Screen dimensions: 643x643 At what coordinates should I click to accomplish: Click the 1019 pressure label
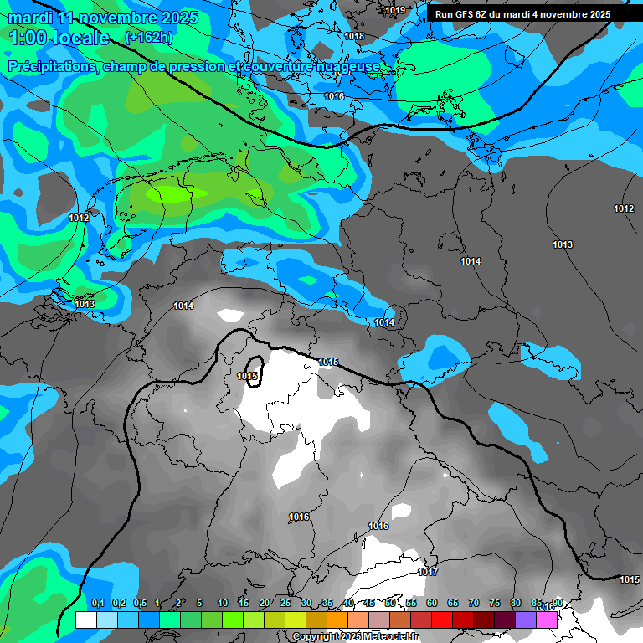(396, 11)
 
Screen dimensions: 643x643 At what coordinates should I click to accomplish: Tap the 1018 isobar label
(354, 37)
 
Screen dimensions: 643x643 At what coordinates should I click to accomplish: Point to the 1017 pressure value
(428, 572)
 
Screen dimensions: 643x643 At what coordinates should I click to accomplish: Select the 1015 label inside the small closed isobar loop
(247, 377)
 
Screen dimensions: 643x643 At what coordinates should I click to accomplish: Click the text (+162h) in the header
(148, 37)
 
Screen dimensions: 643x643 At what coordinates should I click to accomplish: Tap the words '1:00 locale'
(60, 38)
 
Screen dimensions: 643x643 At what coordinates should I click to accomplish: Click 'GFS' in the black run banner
(466, 14)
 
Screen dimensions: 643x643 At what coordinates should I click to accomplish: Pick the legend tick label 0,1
(98, 604)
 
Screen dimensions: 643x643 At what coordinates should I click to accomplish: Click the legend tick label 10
(223, 604)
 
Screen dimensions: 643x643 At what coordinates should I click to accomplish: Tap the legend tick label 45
(369, 604)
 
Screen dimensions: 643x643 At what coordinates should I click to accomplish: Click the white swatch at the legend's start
(86, 620)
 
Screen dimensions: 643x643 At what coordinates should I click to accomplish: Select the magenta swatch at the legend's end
(547, 620)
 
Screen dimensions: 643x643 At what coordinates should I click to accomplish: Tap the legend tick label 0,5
(139, 604)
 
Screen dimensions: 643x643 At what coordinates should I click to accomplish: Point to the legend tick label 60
(432, 604)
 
